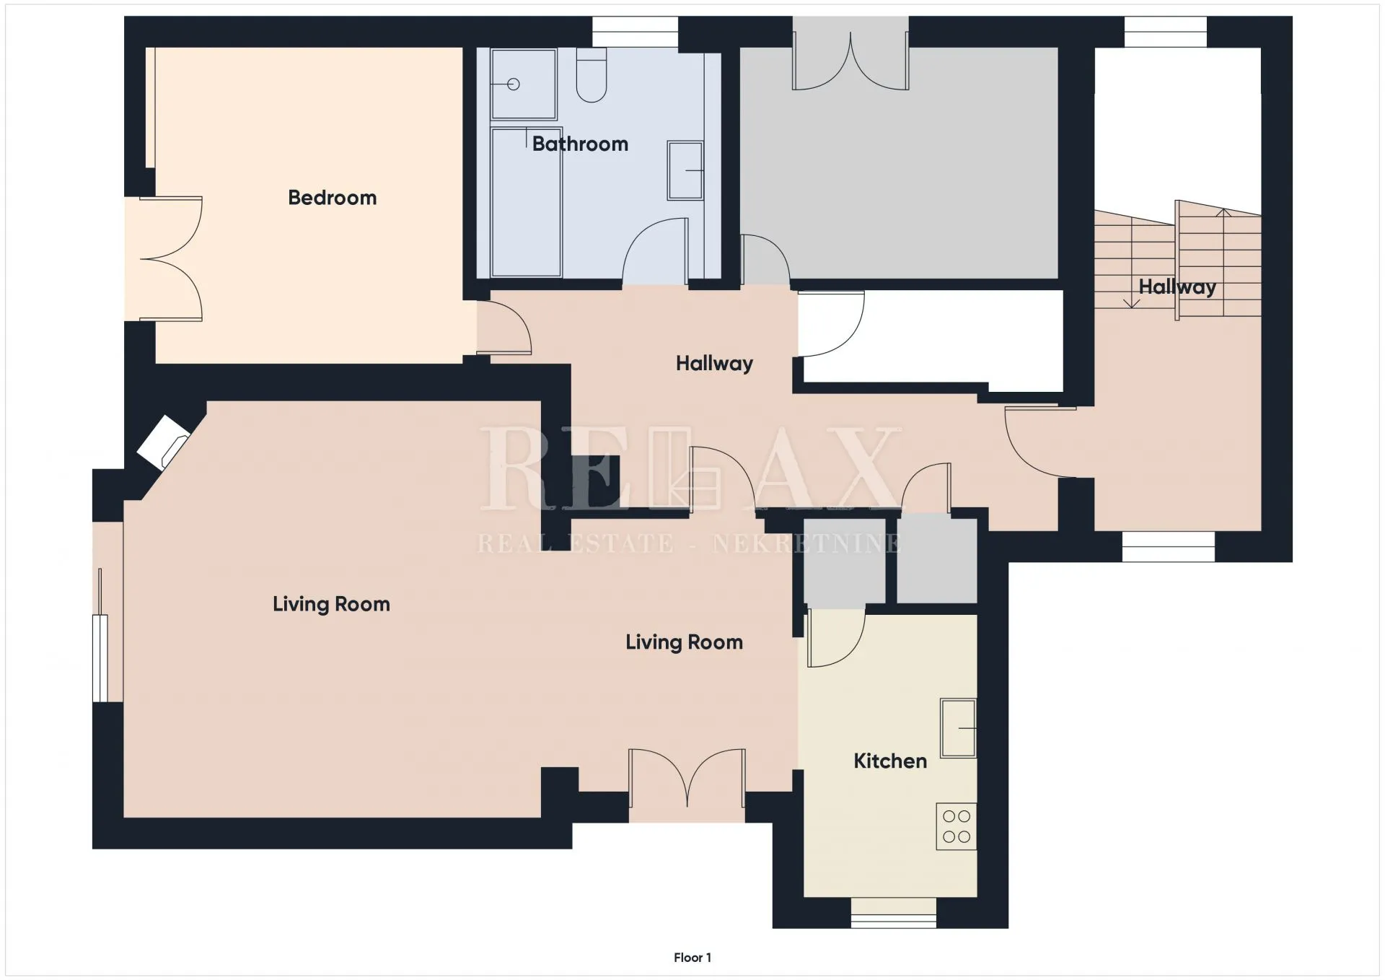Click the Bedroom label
coord(332,198)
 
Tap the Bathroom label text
coord(580,144)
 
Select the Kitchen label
coord(890,761)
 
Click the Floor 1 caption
coord(692,958)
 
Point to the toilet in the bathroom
coord(592,75)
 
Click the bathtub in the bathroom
coord(526,202)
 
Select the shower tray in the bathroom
coord(524,84)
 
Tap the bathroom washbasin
coord(685,170)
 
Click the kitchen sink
coord(958,727)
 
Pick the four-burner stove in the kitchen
coord(957,826)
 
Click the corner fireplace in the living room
coord(164,442)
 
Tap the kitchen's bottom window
coord(894,913)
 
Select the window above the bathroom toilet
coord(635,32)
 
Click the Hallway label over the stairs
coord(1177,287)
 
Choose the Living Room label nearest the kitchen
coord(684,642)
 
